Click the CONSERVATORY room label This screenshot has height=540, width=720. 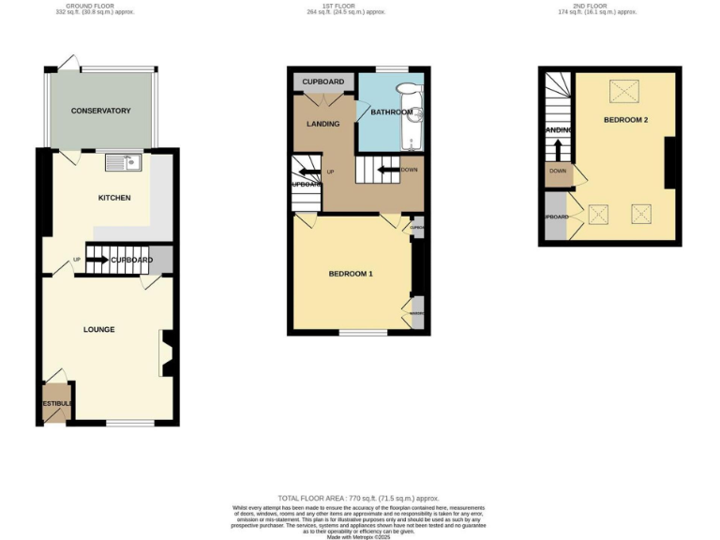click(x=101, y=112)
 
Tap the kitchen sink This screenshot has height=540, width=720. click(x=123, y=163)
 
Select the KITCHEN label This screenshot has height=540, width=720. click(x=114, y=198)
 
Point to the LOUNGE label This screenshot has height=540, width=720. click(x=98, y=329)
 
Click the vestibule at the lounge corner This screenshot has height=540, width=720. click(x=55, y=402)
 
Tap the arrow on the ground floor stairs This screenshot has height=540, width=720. click(x=97, y=260)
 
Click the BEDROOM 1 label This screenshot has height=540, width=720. click(x=351, y=274)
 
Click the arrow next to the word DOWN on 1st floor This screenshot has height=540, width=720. click(x=386, y=170)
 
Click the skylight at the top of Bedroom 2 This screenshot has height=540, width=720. click(x=621, y=91)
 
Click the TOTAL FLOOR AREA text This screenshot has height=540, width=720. click(x=359, y=498)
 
